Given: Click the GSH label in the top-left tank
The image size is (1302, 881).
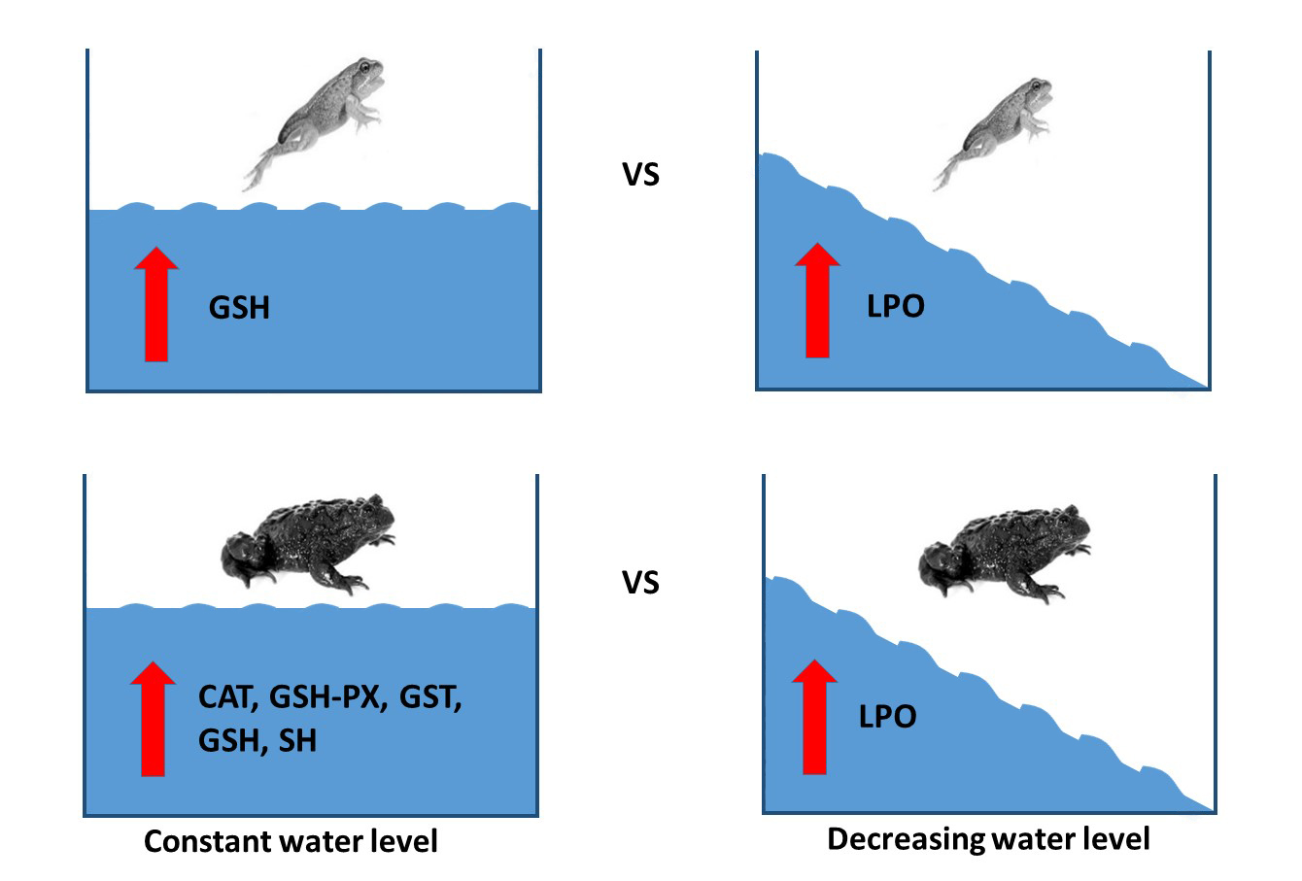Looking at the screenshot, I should (239, 308).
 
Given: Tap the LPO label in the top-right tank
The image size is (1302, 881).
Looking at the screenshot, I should (895, 306).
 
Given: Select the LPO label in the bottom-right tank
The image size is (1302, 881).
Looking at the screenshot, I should (887, 717).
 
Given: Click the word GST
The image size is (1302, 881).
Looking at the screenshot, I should (432, 697).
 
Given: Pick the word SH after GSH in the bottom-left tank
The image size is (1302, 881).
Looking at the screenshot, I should (297, 740).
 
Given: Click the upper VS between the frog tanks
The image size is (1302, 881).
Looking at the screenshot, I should (640, 175).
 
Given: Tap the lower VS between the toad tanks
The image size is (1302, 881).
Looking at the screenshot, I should (640, 583).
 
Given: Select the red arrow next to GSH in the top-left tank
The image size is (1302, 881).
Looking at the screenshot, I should (155, 304).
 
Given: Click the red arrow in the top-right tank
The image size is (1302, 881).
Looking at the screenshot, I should (818, 300).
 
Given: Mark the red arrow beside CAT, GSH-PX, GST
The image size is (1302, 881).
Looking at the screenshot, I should (153, 719).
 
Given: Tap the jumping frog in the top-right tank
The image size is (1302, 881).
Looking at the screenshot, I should (995, 132).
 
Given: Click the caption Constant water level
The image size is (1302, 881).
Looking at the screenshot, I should (291, 841).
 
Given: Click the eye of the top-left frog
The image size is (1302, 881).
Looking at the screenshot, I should (365, 69).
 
